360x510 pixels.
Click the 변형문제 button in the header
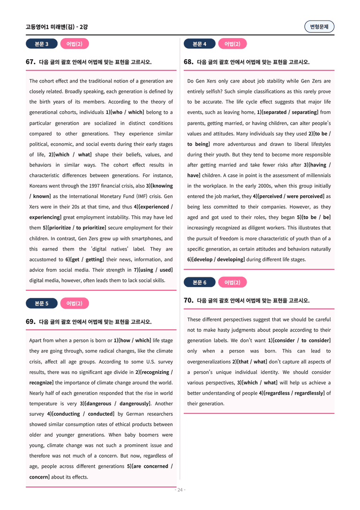pyautogui.click(x=319, y=27)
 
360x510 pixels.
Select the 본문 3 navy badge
pyautogui.click(x=41, y=44)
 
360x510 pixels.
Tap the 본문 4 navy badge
pyautogui.click(x=199, y=44)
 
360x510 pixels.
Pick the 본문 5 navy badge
pyautogui.click(x=41, y=304)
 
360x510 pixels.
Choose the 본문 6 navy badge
pyautogui.click(x=199, y=282)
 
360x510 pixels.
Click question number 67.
pyautogui.click(x=30, y=62)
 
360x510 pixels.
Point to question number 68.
pyautogui.click(x=188, y=62)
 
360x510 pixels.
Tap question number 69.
pyautogui.click(x=30, y=322)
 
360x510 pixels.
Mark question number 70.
pyautogui.click(x=188, y=301)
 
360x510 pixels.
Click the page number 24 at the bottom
pyautogui.click(x=180, y=490)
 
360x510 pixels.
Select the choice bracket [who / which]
pyautogui.click(x=127, y=112)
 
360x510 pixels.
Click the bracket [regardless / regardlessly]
pyautogui.click(x=294, y=393)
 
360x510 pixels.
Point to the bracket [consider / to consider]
pyautogui.click(x=302, y=341)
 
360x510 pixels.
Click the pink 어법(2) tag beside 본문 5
pyautogui.click(x=75, y=304)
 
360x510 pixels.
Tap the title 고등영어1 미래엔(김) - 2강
pyautogui.click(x=57, y=27)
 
